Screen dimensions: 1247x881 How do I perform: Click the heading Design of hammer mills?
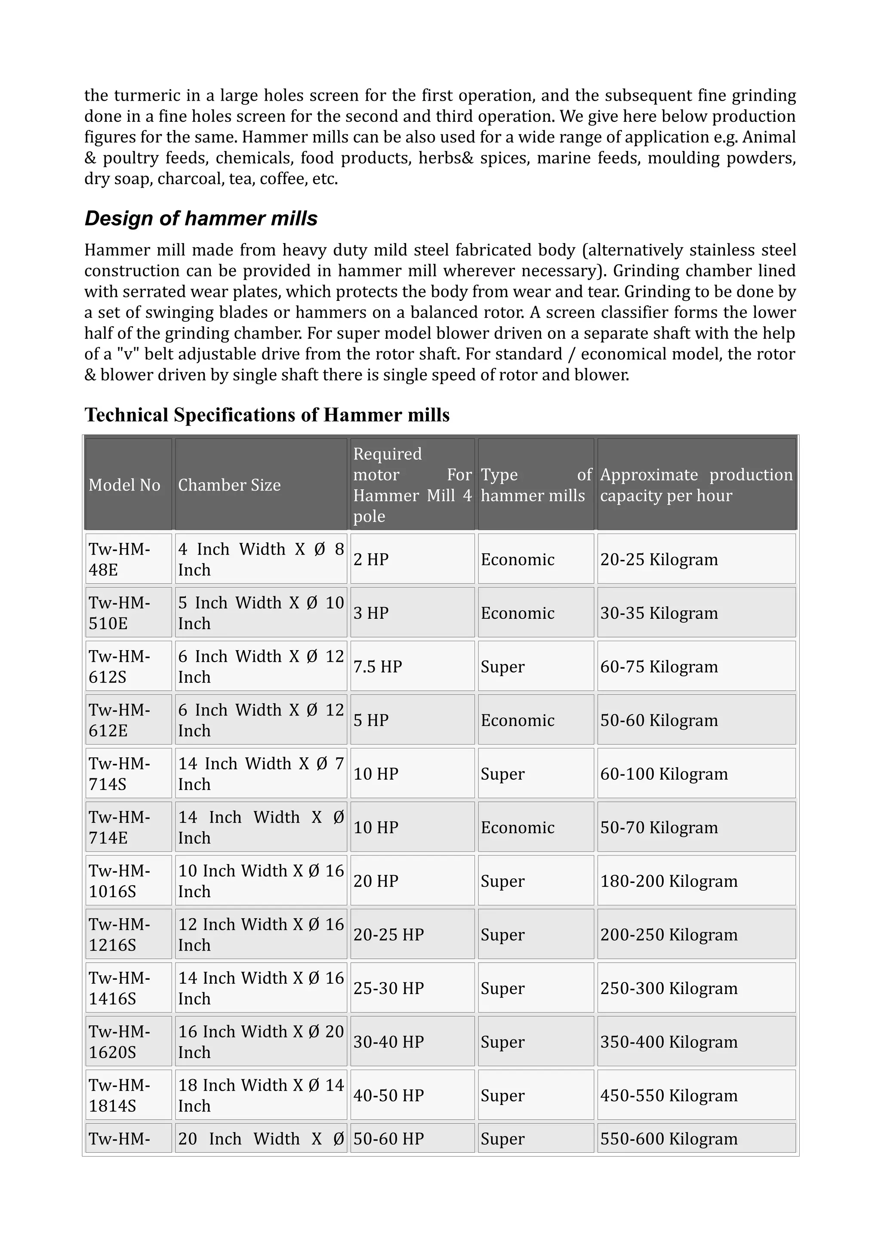(201, 218)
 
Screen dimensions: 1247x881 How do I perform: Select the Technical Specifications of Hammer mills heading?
(267, 415)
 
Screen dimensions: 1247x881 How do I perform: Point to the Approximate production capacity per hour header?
(696, 485)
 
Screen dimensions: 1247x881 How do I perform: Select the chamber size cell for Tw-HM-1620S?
(261, 1042)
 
